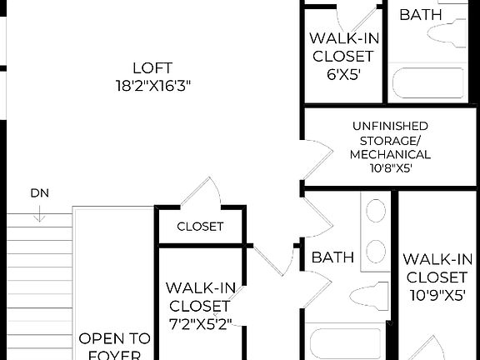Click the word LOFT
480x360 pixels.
pyautogui.click(x=151, y=67)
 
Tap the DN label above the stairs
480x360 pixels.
pyautogui.click(x=39, y=193)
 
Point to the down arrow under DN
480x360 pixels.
pyautogui.click(x=39, y=213)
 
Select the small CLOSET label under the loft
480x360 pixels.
pyautogui.click(x=200, y=227)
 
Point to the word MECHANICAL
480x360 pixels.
pyautogui.click(x=390, y=154)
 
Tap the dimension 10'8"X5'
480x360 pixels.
pyautogui.click(x=390, y=168)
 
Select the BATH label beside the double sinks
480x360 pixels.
pyautogui.click(x=332, y=257)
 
